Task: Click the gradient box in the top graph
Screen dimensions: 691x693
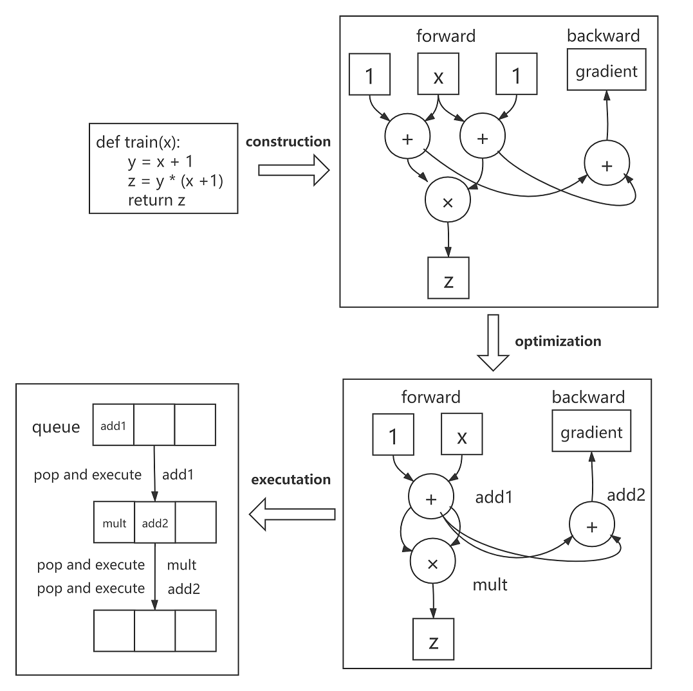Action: click(606, 71)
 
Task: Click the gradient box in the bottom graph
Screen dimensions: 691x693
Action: click(591, 432)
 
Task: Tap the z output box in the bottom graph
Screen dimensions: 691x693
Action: click(433, 640)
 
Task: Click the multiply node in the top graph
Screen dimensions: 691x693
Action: click(447, 201)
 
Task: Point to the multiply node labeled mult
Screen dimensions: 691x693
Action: click(432, 563)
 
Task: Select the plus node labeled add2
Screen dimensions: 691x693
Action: click(591, 526)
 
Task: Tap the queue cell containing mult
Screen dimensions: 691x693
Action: click(113, 523)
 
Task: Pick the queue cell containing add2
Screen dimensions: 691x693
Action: click(154, 523)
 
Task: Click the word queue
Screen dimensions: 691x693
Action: click(56, 427)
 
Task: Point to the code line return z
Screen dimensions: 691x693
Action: click(156, 199)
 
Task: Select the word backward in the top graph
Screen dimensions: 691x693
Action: click(603, 35)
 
